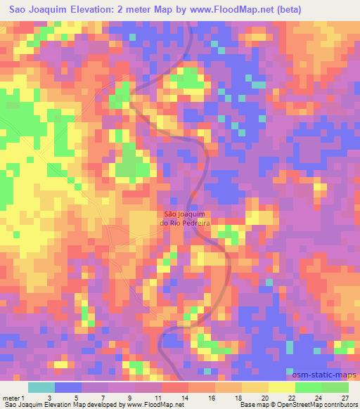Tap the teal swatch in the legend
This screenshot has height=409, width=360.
(41, 387)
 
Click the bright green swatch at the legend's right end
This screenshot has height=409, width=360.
(336, 387)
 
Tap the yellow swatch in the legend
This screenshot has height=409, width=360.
(281, 387)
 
